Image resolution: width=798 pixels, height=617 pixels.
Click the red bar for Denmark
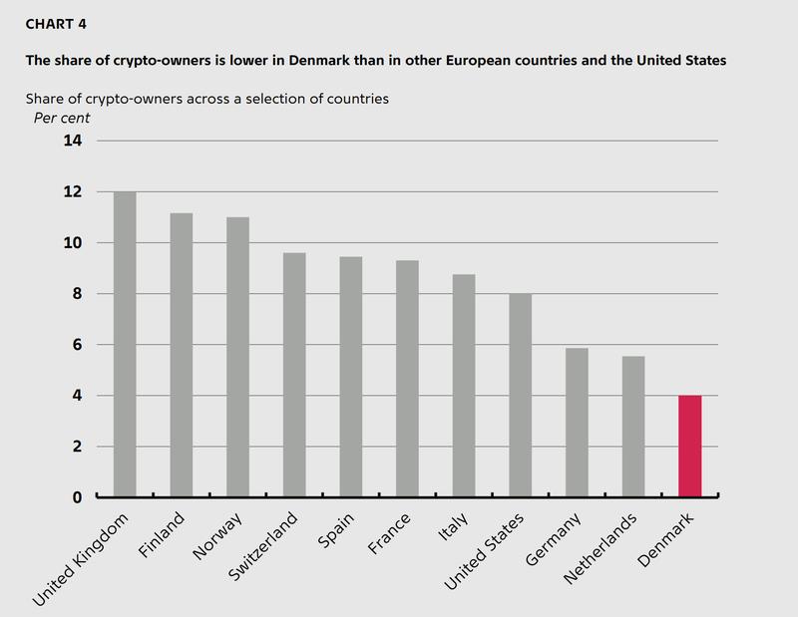(690, 446)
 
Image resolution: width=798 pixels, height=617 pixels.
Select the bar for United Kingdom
(125, 344)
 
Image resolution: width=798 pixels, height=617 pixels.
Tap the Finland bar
(182, 355)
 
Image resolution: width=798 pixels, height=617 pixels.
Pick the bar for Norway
(237, 357)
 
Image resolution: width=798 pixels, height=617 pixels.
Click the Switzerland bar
(294, 375)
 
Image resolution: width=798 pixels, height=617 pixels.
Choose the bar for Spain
(351, 377)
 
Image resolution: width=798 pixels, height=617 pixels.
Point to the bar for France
(407, 379)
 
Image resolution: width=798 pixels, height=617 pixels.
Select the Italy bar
(464, 386)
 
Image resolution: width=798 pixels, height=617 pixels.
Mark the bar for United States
(521, 395)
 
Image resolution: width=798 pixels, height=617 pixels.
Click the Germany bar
(577, 423)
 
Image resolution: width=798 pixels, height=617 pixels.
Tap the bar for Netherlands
(633, 427)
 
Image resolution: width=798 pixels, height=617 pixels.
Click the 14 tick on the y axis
(74, 141)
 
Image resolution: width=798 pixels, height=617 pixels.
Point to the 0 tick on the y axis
(76, 496)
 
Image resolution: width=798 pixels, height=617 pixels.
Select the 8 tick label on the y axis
(76, 294)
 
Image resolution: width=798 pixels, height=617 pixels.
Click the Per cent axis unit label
(62, 118)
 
